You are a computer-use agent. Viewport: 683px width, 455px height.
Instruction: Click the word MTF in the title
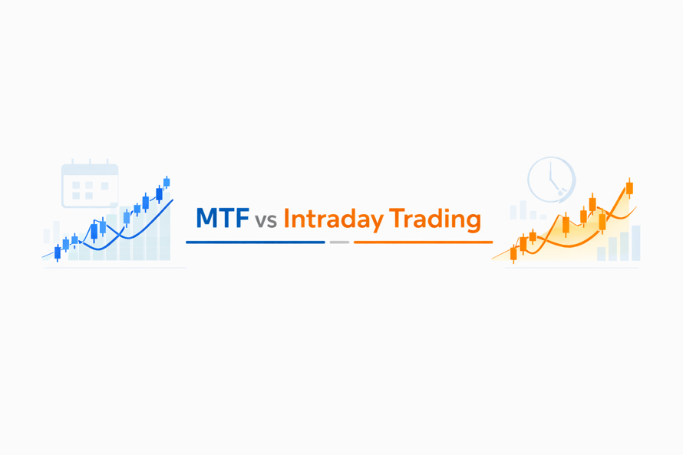pyautogui.click(x=222, y=219)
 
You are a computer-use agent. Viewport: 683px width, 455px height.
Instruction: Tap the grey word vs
pyautogui.click(x=266, y=221)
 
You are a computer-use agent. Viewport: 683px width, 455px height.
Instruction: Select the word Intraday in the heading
pyautogui.click(x=334, y=219)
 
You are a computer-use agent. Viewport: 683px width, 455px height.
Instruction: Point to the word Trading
pyautogui.click(x=434, y=219)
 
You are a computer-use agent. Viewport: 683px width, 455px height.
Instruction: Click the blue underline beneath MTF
pyautogui.click(x=255, y=242)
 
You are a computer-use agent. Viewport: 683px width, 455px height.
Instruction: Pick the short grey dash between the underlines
pyautogui.click(x=339, y=242)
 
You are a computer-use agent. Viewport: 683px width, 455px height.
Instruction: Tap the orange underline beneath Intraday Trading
pyautogui.click(x=423, y=242)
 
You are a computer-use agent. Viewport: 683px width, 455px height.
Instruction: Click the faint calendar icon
pyautogui.click(x=90, y=186)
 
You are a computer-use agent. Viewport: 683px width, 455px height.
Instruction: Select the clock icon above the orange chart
pyautogui.click(x=551, y=180)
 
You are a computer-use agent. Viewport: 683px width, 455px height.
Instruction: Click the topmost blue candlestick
pyautogui.click(x=167, y=183)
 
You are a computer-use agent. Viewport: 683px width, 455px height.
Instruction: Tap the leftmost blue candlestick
pyautogui.click(x=58, y=252)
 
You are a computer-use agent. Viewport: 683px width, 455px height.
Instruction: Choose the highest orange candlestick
pyautogui.click(x=629, y=188)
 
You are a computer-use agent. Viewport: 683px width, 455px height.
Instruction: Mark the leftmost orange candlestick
pyautogui.click(x=513, y=253)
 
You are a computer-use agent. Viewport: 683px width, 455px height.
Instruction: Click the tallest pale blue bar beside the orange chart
pyautogui.click(x=635, y=242)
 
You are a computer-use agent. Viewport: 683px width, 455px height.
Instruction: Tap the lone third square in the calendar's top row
pyautogui.click(x=105, y=186)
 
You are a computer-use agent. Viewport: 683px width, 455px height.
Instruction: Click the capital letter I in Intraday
pyautogui.click(x=286, y=219)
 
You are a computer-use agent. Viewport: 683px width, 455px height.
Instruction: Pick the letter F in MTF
pyautogui.click(x=241, y=219)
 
